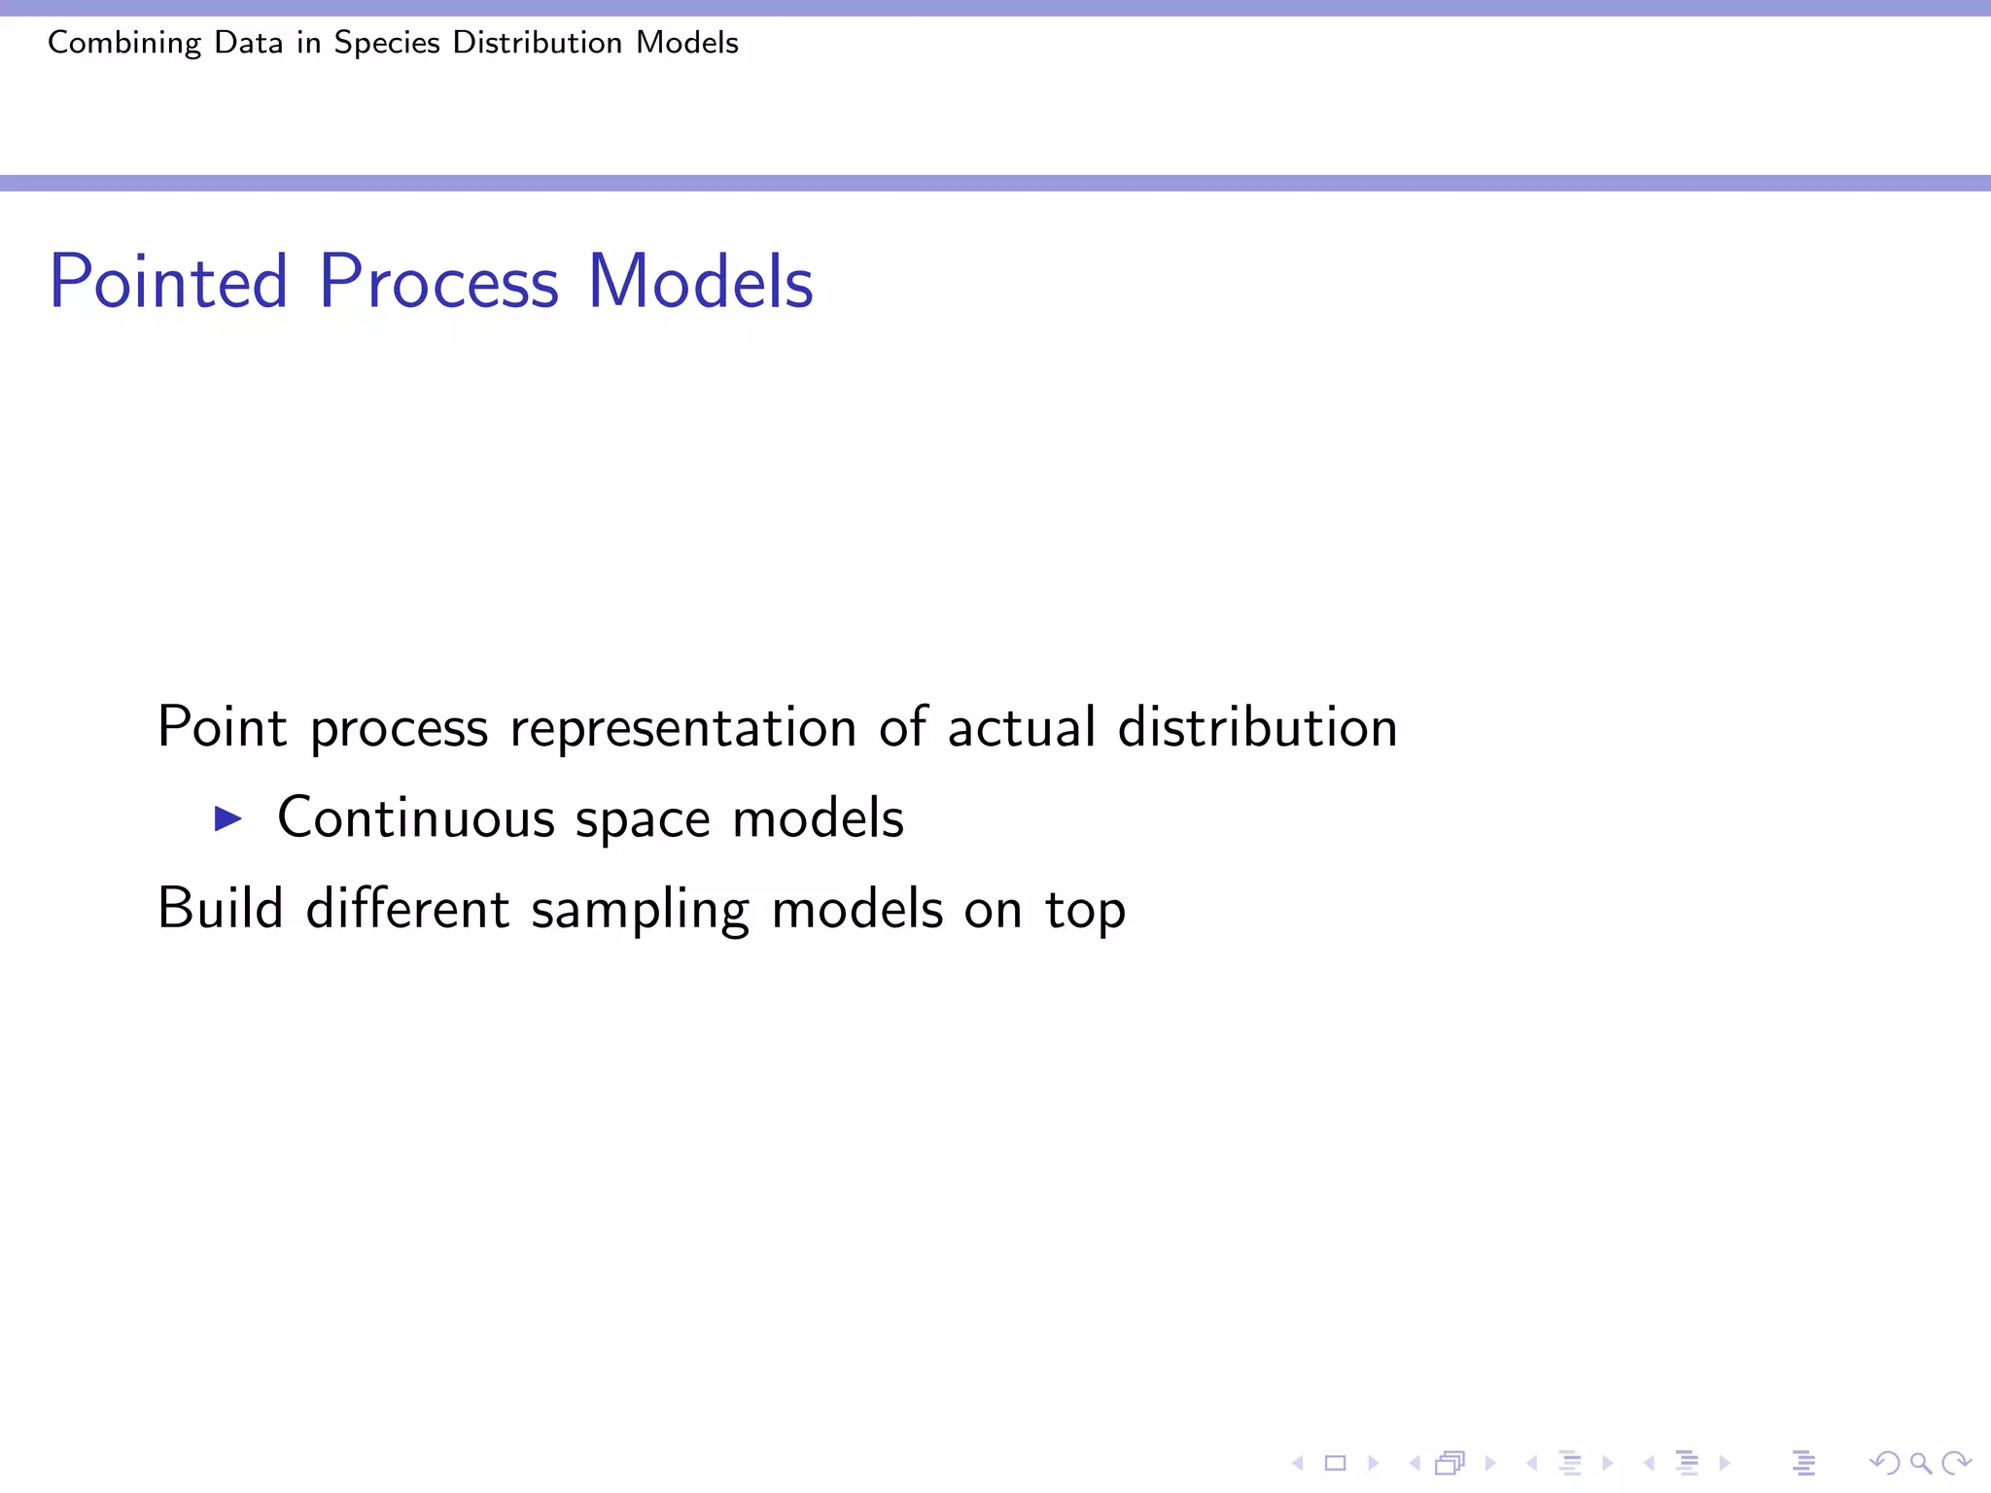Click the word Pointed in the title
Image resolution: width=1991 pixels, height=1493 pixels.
[169, 282]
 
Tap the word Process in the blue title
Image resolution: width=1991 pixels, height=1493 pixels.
[438, 282]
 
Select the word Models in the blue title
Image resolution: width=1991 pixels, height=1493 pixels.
[700, 282]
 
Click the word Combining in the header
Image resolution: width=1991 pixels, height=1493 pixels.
[124, 44]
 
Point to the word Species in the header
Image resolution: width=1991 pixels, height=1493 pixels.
[387, 44]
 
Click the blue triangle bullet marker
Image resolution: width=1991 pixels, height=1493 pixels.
[227, 818]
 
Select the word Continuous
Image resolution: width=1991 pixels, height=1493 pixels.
[416, 818]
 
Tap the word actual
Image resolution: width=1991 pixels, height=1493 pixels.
[1022, 727]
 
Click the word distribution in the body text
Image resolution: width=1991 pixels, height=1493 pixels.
[1258, 727]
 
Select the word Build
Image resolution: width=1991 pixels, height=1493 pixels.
[221, 909]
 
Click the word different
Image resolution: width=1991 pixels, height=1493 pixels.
[407, 909]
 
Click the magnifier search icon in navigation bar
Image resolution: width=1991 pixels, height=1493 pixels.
[1920, 1463]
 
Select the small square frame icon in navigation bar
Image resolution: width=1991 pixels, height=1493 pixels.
[1335, 1463]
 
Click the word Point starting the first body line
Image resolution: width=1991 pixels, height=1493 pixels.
[223, 727]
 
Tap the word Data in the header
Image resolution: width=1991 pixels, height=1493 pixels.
[249, 44]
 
